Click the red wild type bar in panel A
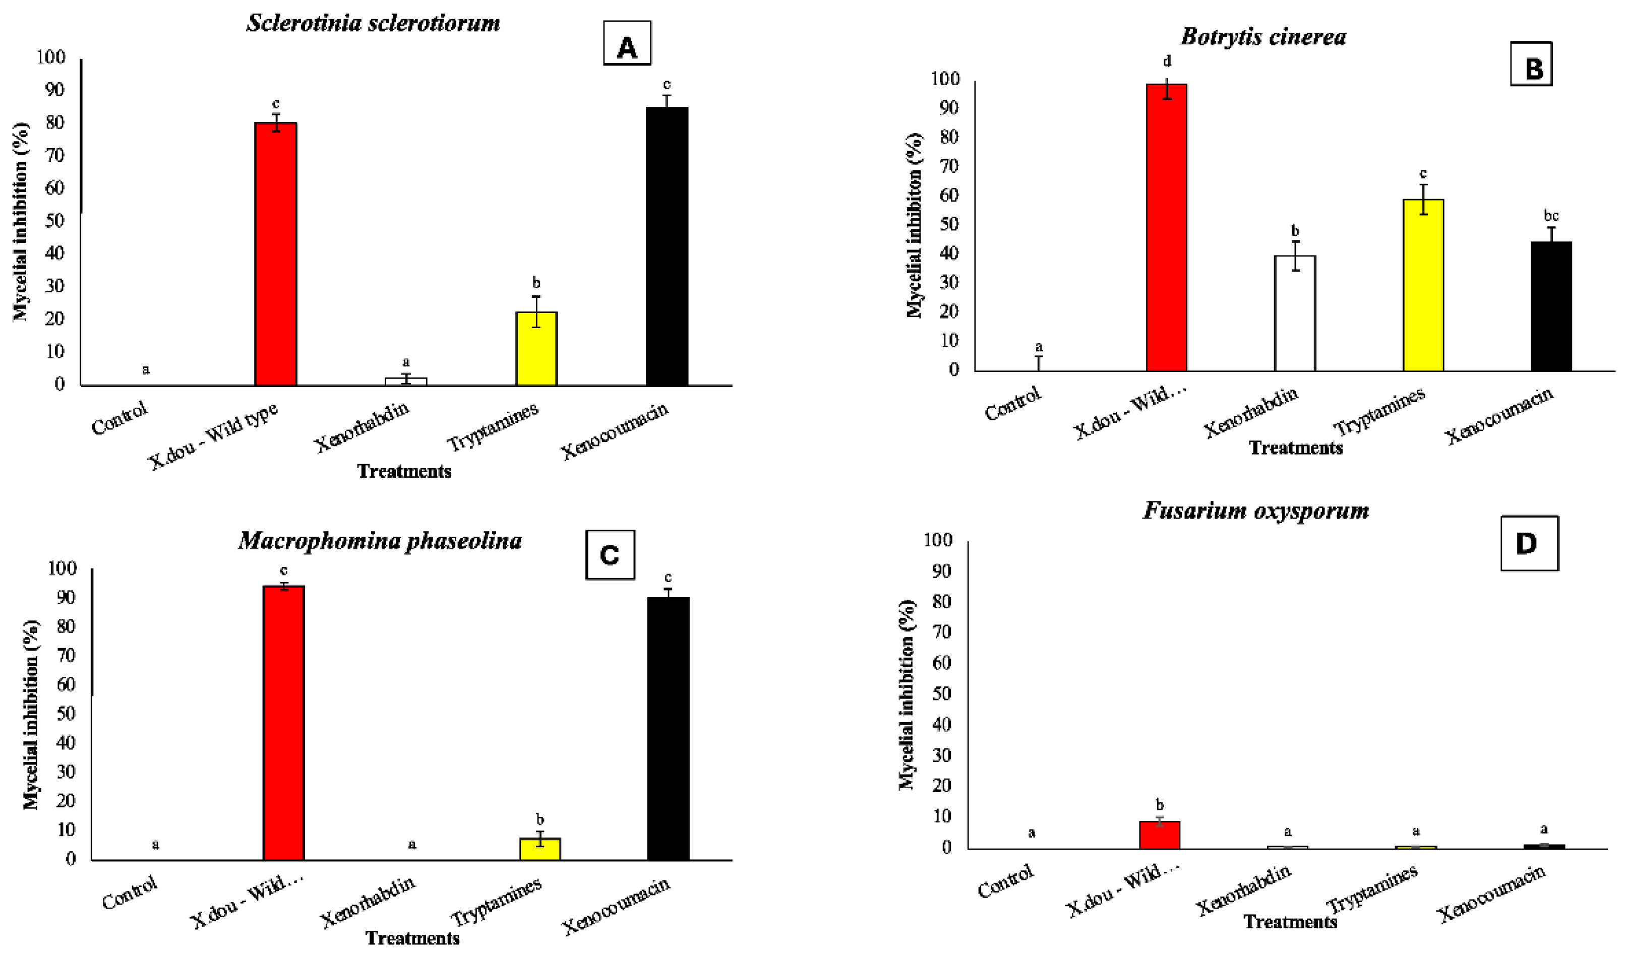pyautogui.click(x=276, y=255)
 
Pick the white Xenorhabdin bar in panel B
pyautogui.click(x=1295, y=314)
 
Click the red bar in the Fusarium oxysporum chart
pyautogui.click(x=1160, y=835)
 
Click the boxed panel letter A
pyautogui.click(x=627, y=44)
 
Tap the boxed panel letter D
pyautogui.click(x=1529, y=544)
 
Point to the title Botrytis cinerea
pyautogui.click(x=1263, y=37)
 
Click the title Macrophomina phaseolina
pyautogui.click(x=380, y=540)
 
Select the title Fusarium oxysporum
pyautogui.click(x=1256, y=511)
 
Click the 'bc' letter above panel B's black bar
pyautogui.click(x=1551, y=216)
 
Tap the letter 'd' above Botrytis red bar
pyautogui.click(x=1167, y=62)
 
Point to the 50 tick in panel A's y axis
pyautogui.click(x=54, y=221)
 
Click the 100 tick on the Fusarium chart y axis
pyautogui.click(x=938, y=540)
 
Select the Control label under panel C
pyautogui.click(x=130, y=892)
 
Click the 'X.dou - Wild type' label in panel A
pyautogui.click(x=214, y=436)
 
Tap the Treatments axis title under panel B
pyautogui.click(x=1296, y=448)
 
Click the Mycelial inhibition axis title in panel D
pyautogui.click(x=907, y=694)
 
